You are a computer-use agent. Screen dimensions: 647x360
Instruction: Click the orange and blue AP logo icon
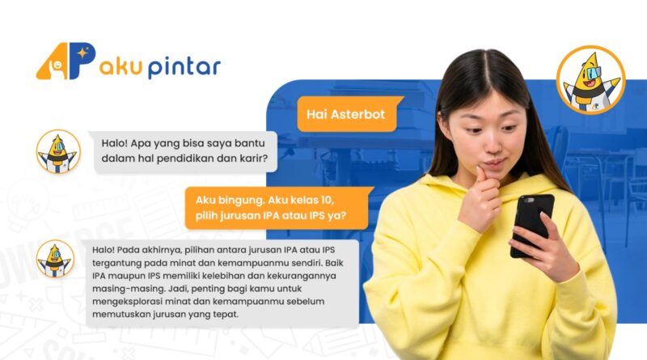pos(66,61)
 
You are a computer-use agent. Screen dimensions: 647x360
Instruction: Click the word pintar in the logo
pos(184,67)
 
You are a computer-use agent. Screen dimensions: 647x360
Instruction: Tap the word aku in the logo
pos(121,66)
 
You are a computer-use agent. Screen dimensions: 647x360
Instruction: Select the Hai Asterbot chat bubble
pos(348,114)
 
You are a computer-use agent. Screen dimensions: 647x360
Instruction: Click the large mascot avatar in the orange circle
pos(590,79)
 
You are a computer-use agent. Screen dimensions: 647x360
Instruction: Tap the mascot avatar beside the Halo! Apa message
pos(58,151)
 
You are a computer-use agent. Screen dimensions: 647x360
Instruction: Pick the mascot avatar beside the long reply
pos(55,259)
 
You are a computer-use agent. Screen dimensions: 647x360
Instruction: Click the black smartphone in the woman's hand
pos(531,225)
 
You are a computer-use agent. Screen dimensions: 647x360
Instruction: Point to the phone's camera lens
pos(529,201)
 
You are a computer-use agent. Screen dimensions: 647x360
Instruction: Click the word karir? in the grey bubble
pos(254,158)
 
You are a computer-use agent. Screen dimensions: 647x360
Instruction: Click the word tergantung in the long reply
pos(118,263)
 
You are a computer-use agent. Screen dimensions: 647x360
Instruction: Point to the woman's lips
pos(494,163)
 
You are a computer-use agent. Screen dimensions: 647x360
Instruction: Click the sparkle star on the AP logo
pos(83,53)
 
